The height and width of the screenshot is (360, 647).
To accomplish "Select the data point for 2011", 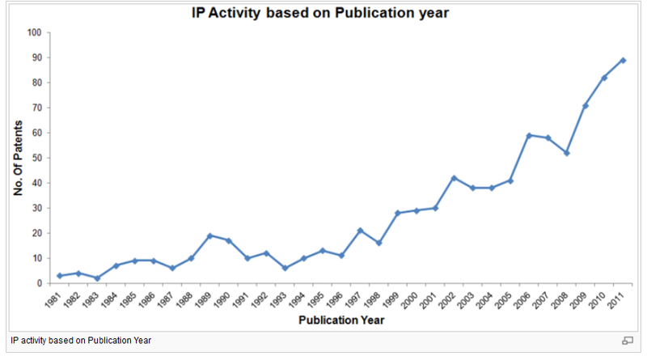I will (623, 60).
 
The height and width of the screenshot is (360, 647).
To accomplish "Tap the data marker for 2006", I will (529, 135).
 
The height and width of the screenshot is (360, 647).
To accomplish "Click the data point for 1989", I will (209, 235).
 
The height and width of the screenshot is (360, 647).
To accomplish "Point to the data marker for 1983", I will (97, 278).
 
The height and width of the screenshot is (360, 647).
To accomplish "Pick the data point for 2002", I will (454, 178).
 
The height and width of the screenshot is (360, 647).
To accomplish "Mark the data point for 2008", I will (566, 153).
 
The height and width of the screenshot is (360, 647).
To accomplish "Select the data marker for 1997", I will (360, 231).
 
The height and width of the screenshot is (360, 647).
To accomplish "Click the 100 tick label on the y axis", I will (33, 33).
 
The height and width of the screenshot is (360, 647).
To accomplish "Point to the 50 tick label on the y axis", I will (36, 159).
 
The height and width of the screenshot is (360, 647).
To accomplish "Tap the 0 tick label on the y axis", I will (38, 284).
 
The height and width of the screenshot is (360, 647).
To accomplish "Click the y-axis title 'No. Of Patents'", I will (17, 158).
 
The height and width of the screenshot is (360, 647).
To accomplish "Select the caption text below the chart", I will (81, 341).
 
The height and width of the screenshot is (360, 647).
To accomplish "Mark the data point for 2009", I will (586, 105).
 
